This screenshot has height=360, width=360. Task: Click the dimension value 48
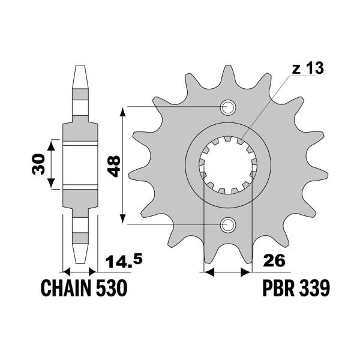click(113, 166)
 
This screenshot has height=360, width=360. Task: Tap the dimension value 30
click(38, 164)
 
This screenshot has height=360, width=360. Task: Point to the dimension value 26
click(274, 260)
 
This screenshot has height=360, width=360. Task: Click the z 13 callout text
click(308, 68)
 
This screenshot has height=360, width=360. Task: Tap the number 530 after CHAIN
click(112, 288)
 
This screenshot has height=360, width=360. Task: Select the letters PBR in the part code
click(278, 288)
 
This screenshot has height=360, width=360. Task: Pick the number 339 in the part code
click(314, 288)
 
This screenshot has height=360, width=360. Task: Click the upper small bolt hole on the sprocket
click(228, 107)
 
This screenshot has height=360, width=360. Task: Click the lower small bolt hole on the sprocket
click(228, 224)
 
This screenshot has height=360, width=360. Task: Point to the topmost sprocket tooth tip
click(228, 65)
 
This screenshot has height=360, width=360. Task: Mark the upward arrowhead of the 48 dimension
click(123, 112)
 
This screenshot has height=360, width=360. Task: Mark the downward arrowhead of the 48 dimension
click(123, 218)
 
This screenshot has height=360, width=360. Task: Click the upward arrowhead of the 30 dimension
click(51, 145)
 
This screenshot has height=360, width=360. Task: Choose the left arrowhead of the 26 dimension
click(209, 272)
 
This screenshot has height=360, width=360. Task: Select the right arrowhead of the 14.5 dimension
click(92, 272)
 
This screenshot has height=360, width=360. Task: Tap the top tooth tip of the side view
click(80, 65)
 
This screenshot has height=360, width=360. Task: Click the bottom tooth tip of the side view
click(80, 263)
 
